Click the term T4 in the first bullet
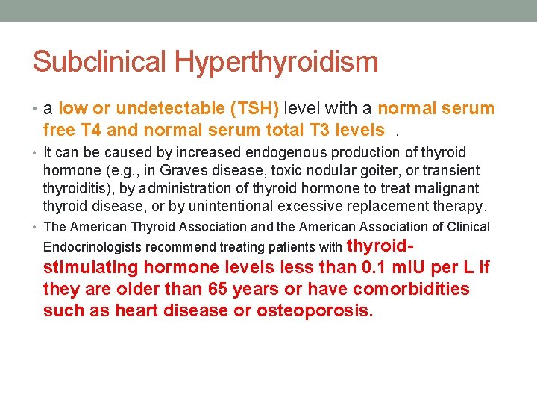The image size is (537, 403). click(x=91, y=130)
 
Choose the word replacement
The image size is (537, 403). click(x=407, y=207)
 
